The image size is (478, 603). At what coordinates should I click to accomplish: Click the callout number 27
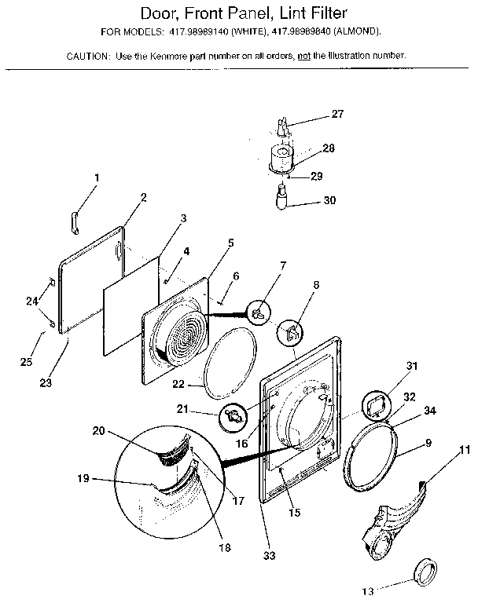coord(337,115)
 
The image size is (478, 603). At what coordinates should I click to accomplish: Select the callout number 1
coord(97,178)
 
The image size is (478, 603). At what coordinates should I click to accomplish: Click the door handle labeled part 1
coord(73,222)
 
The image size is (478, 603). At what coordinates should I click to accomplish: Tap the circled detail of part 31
coord(372,405)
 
